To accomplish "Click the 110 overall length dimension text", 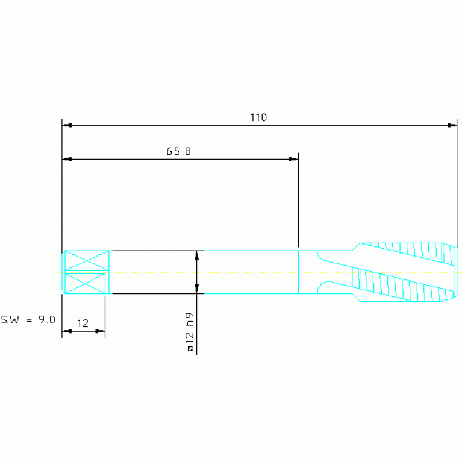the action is tap(258, 117).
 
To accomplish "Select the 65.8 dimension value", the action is tap(178, 151).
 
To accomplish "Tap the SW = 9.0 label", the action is tap(28, 319).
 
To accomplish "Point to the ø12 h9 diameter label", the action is tap(190, 332).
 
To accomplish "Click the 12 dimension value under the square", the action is tap(83, 323).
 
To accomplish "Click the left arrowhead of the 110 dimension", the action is tap(67, 125).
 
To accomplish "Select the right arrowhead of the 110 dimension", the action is tap(452, 125).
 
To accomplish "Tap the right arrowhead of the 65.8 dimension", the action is tap(293, 160).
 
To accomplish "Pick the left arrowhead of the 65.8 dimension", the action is tap(67, 160).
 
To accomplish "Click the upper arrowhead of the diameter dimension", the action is tap(197, 255).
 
